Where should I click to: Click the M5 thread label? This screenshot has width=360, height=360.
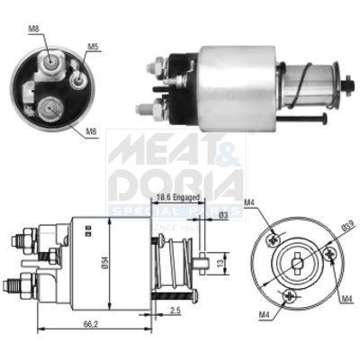94,46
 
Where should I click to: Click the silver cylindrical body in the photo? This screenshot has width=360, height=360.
237,84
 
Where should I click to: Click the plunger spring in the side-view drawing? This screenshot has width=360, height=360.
166,265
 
